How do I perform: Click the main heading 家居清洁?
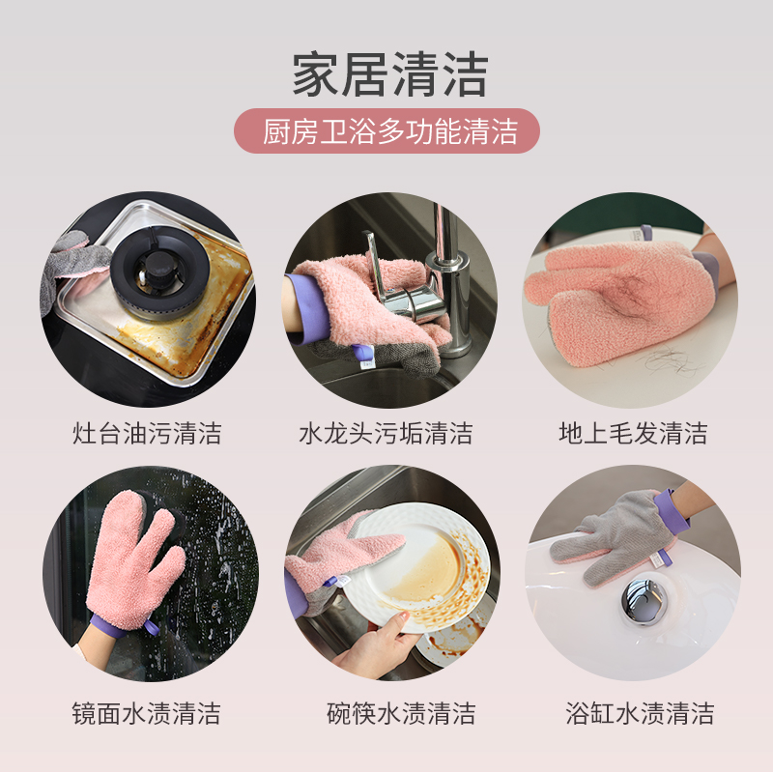[x=389, y=74]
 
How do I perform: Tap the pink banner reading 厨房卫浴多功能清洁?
[x=389, y=130]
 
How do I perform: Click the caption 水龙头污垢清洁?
[x=386, y=434]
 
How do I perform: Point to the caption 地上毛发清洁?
[x=633, y=434]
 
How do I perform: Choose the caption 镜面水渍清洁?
[x=147, y=714]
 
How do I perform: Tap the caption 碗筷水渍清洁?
[x=401, y=714]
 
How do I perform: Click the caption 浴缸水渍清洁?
[x=640, y=714]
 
